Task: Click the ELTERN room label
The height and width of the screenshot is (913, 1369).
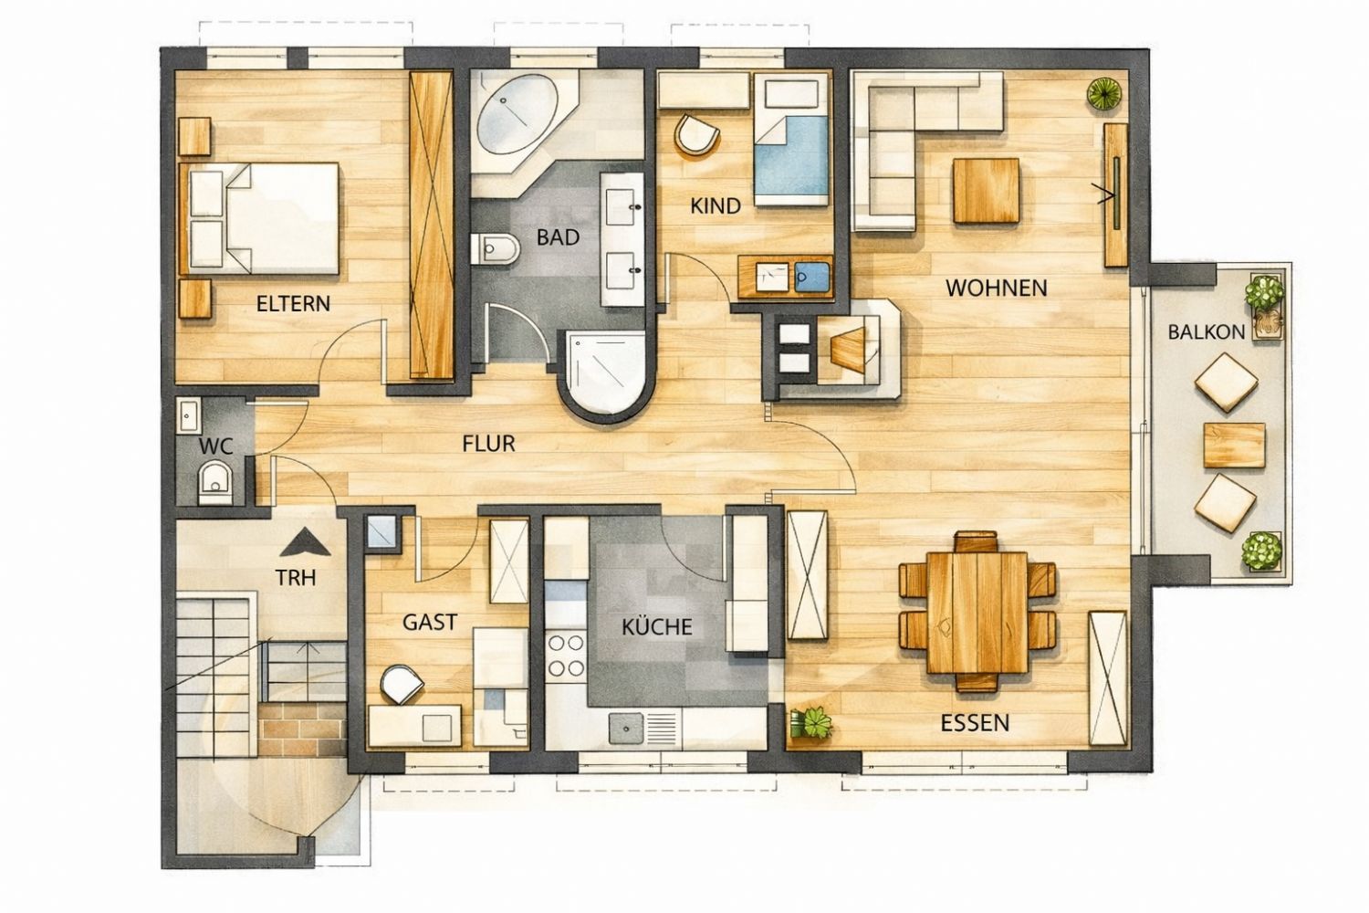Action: [x=293, y=303]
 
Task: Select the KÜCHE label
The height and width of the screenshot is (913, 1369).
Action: [x=657, y=627]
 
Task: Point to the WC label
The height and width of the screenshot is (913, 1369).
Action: [x=215, y=446]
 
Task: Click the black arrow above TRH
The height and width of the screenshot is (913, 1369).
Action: [x=305, y=543]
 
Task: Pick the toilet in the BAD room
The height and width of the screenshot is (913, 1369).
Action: [x=495, y=248]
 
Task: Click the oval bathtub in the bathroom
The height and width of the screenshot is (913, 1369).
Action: [x=517, y=117]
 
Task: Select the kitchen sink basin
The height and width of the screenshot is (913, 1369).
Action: [x=626, y=729]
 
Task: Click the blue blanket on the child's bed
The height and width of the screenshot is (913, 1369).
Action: [x=791, y=155]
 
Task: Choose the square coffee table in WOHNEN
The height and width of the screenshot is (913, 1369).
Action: [x=986, y=191]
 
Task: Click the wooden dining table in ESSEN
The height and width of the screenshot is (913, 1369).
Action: [x=977, y=612]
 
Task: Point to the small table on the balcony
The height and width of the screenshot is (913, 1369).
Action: [x=1234, y=445]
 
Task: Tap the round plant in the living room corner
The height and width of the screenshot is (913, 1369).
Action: [x=1104, y=93]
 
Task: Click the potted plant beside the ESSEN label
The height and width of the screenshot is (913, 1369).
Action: [x=811, y=723]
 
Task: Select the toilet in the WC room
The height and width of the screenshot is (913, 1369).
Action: [x=215, y=482]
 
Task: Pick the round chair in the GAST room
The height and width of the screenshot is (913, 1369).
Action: [x=402, y=684]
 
